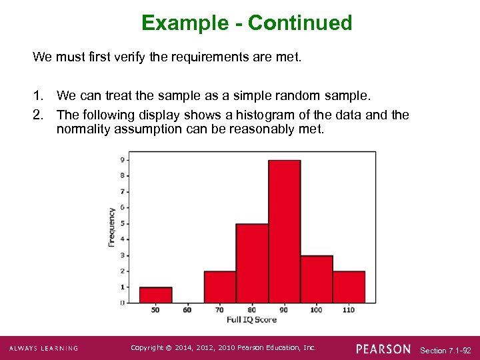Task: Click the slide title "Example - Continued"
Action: pyautogui.click(x=247, y=23)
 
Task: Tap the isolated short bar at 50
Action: pyautogui.click(x=155, y=295)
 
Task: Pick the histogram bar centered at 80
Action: pyautogui.click(x=252, y=263)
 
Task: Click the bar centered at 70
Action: pyautogui.click(x=220, y=287)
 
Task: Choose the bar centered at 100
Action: pyautogui.click(x=317, y=279)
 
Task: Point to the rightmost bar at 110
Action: pyautogui.click(x=349, y=287)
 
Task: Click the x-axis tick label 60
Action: pyautogui.click(x=187, y=310)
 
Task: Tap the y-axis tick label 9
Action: pyautogui.click(x=121, y=160)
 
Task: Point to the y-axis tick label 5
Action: pyautogui.click(x=121, y=223)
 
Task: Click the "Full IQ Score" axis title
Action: pyautogui.click(x=252, y=320)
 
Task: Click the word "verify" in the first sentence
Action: pyautogui.click(x=125, y=57)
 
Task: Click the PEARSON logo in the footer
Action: pyautogui.click(x=383, y=349)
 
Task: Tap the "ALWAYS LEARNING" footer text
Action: pyautogui.click(x=43, y=349)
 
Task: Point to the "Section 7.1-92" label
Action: pyautogui.click(x=446, y=350)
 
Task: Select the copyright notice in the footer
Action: pyautogui.click(x=223, y=348)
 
